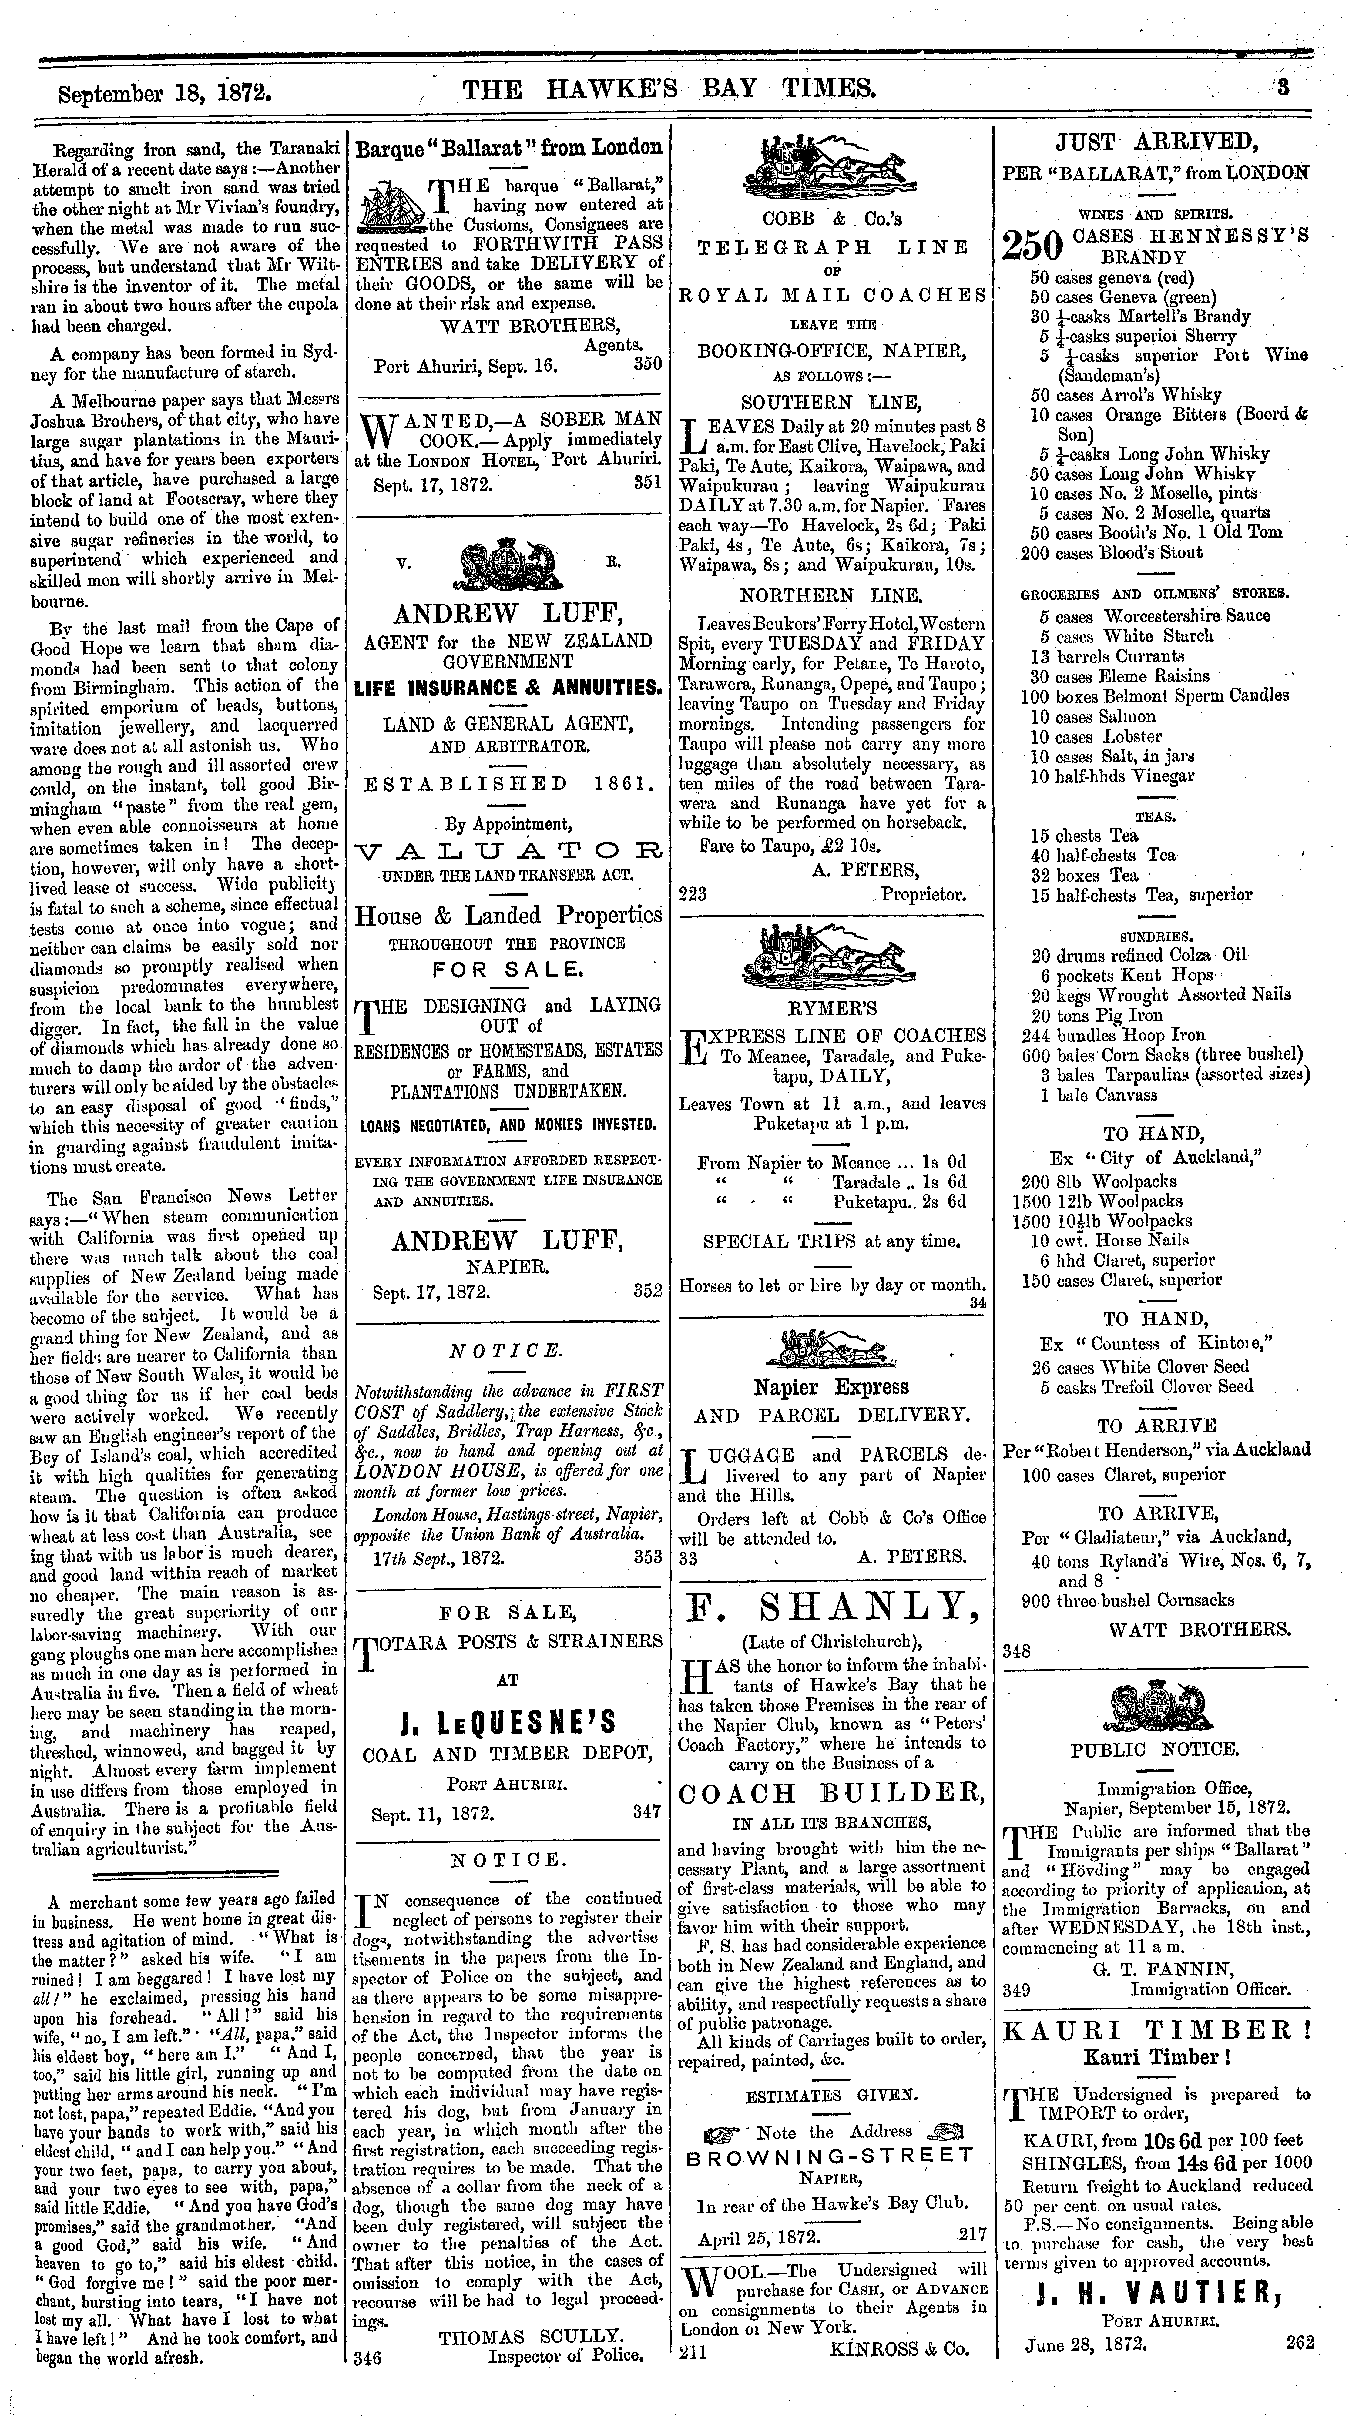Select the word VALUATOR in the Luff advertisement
click(x=508, y=852)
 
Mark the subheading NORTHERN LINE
click(x=831, y=595)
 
